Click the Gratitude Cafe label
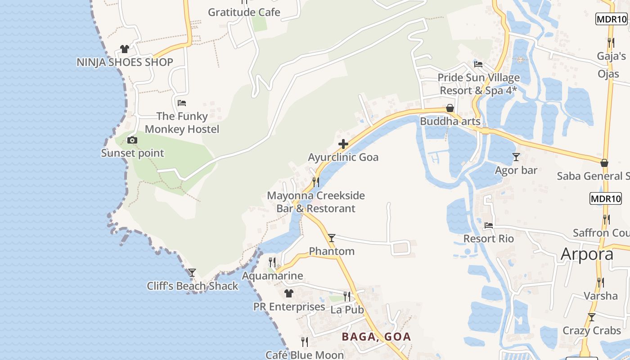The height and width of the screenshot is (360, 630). (244, 12)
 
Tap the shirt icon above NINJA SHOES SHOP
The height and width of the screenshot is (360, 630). (125, 49)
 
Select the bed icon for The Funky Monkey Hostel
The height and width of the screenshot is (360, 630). (182, 103)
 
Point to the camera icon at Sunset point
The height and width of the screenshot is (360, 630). (132, 140)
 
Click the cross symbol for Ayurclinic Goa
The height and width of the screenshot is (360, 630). (343, 144)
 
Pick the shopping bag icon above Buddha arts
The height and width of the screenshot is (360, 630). (450, 108)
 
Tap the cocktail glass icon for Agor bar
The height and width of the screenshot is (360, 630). (516, 157)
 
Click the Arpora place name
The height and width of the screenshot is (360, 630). (587, 254)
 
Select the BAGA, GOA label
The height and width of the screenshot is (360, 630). (376, 337)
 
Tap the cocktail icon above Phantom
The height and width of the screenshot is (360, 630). (332, 238)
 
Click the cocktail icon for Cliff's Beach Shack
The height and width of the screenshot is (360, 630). (192, 272)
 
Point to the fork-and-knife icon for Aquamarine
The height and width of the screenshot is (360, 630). (272, 262)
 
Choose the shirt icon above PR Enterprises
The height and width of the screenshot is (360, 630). (289, 293)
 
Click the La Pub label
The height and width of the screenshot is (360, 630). (347, 310)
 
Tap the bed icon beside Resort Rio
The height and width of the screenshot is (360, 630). (489, 225)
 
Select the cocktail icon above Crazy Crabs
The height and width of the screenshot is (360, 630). (592, 317)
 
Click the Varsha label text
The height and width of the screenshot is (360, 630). (601, 296)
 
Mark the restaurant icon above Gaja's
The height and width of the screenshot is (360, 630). (611, 42)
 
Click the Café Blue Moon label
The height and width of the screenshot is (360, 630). (305, 355)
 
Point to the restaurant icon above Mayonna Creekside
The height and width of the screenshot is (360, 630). (316, 182)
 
